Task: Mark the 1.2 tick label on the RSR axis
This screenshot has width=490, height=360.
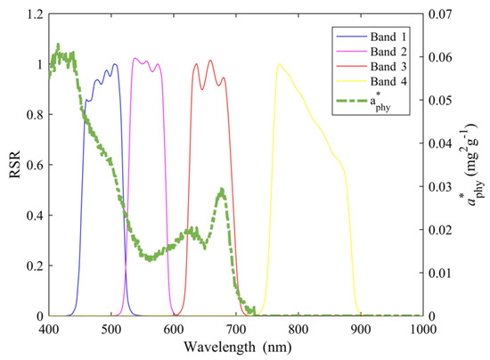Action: click(x=35, y=15)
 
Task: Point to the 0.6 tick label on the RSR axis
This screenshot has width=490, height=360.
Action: click(x=35, y=166)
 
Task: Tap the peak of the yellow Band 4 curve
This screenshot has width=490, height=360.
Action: click(x=280, y=63)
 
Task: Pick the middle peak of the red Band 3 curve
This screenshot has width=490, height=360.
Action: click(x=210, y=61)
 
